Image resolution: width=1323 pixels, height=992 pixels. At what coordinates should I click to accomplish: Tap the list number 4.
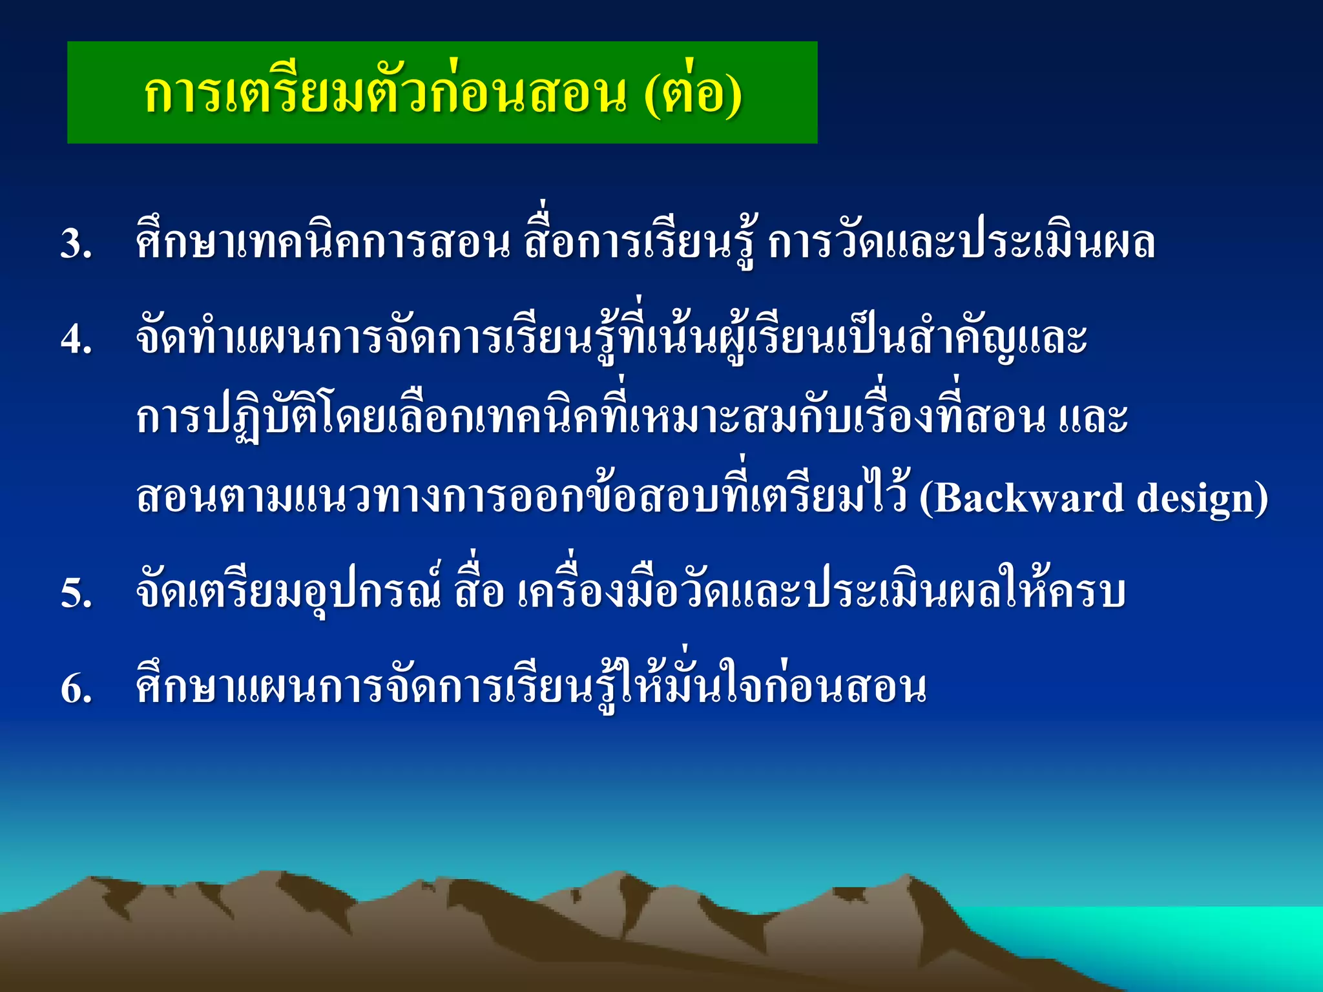click(75, 340)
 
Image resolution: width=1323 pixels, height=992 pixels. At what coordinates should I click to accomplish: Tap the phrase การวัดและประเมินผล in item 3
click(961, 244)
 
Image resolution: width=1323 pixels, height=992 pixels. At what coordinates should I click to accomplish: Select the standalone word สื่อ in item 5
click(479, 593)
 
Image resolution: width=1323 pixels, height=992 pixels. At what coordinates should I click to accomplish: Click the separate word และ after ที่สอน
click(1093, 418)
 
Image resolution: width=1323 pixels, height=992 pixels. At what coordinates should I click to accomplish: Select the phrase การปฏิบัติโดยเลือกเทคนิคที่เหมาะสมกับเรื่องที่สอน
click(590, 418)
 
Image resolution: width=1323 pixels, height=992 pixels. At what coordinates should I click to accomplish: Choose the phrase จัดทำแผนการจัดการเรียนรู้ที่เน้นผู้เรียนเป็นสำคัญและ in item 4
click(611, 338)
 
